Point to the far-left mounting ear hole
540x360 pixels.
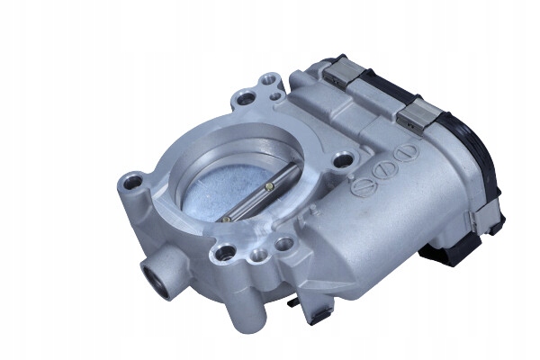tap(133, 184)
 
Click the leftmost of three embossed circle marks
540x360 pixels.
tap(364, 187)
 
